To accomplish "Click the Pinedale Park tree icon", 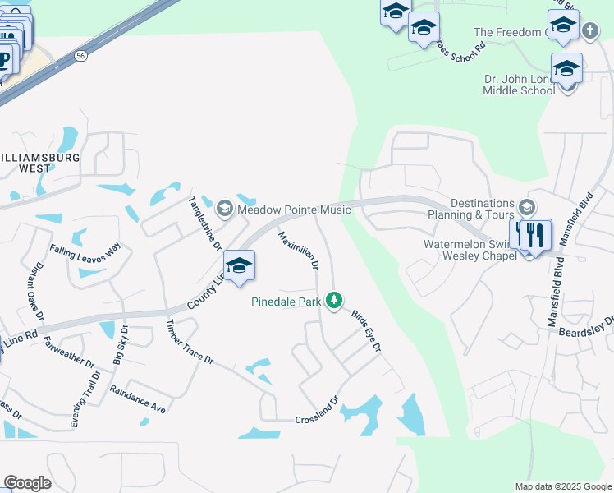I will tap(333, 301).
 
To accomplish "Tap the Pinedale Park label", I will tap(286, 302).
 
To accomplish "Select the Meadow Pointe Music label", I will tap(294, 210).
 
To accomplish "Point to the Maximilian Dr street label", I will tap(297, 251).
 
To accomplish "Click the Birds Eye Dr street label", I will tap(366, 331).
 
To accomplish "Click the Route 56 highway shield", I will tap(80, 55).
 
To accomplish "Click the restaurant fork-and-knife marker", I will tap(534, 235).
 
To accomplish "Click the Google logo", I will tap(28, 483).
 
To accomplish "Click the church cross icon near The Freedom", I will tap(589, 31).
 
